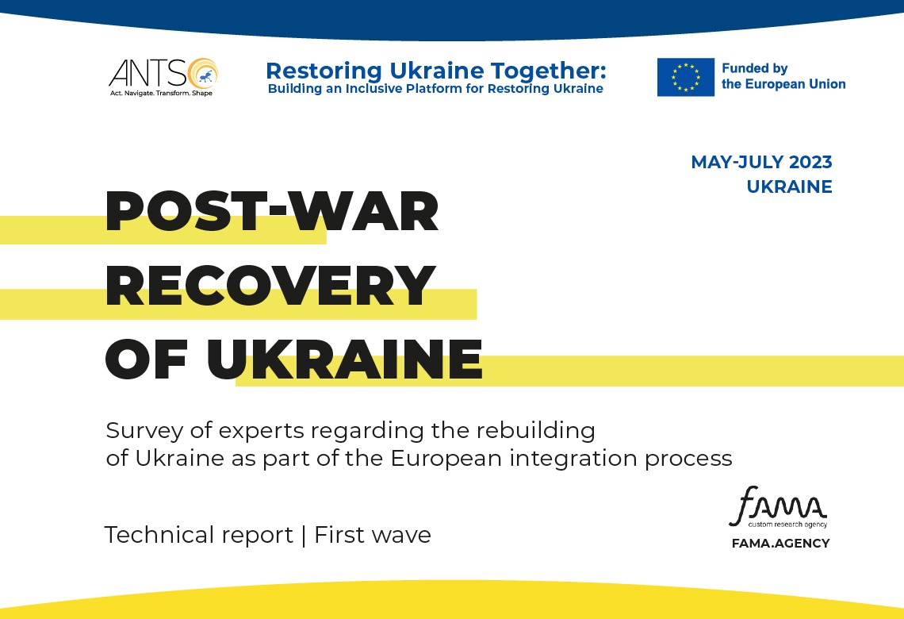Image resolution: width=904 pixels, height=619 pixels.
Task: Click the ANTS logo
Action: click(163, 77)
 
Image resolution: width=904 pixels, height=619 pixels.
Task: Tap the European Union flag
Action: click(685, 77)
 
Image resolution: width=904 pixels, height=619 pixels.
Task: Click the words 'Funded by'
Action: click(755, 69)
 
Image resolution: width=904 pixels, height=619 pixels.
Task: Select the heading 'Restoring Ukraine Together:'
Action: click(436, 71)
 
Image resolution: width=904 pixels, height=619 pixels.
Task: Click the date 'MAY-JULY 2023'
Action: click(761, 162)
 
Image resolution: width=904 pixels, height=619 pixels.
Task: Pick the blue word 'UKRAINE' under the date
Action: click(789, 187)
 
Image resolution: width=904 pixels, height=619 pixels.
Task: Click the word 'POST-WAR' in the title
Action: click(272, 211)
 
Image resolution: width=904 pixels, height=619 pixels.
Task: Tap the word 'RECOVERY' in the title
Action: click(270, 285)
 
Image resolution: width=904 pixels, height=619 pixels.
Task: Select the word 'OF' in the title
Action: click(147, 359)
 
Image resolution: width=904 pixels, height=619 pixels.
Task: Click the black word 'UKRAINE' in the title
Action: click(345, 359)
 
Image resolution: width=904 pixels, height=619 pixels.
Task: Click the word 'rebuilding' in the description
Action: click(535, 431)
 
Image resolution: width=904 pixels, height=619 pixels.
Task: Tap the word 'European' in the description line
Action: click(446, 459)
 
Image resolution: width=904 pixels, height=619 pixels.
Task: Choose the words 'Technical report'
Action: click(199, 535)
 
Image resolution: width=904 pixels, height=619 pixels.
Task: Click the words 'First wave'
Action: click(373, 535)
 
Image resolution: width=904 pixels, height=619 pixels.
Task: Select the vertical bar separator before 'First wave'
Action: click(304, 536)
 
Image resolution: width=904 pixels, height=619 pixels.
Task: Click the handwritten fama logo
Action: click(778, 506)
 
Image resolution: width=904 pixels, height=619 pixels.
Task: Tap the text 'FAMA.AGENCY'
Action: click(780, 544)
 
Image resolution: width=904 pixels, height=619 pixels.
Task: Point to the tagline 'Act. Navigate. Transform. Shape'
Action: click(162, 93)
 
